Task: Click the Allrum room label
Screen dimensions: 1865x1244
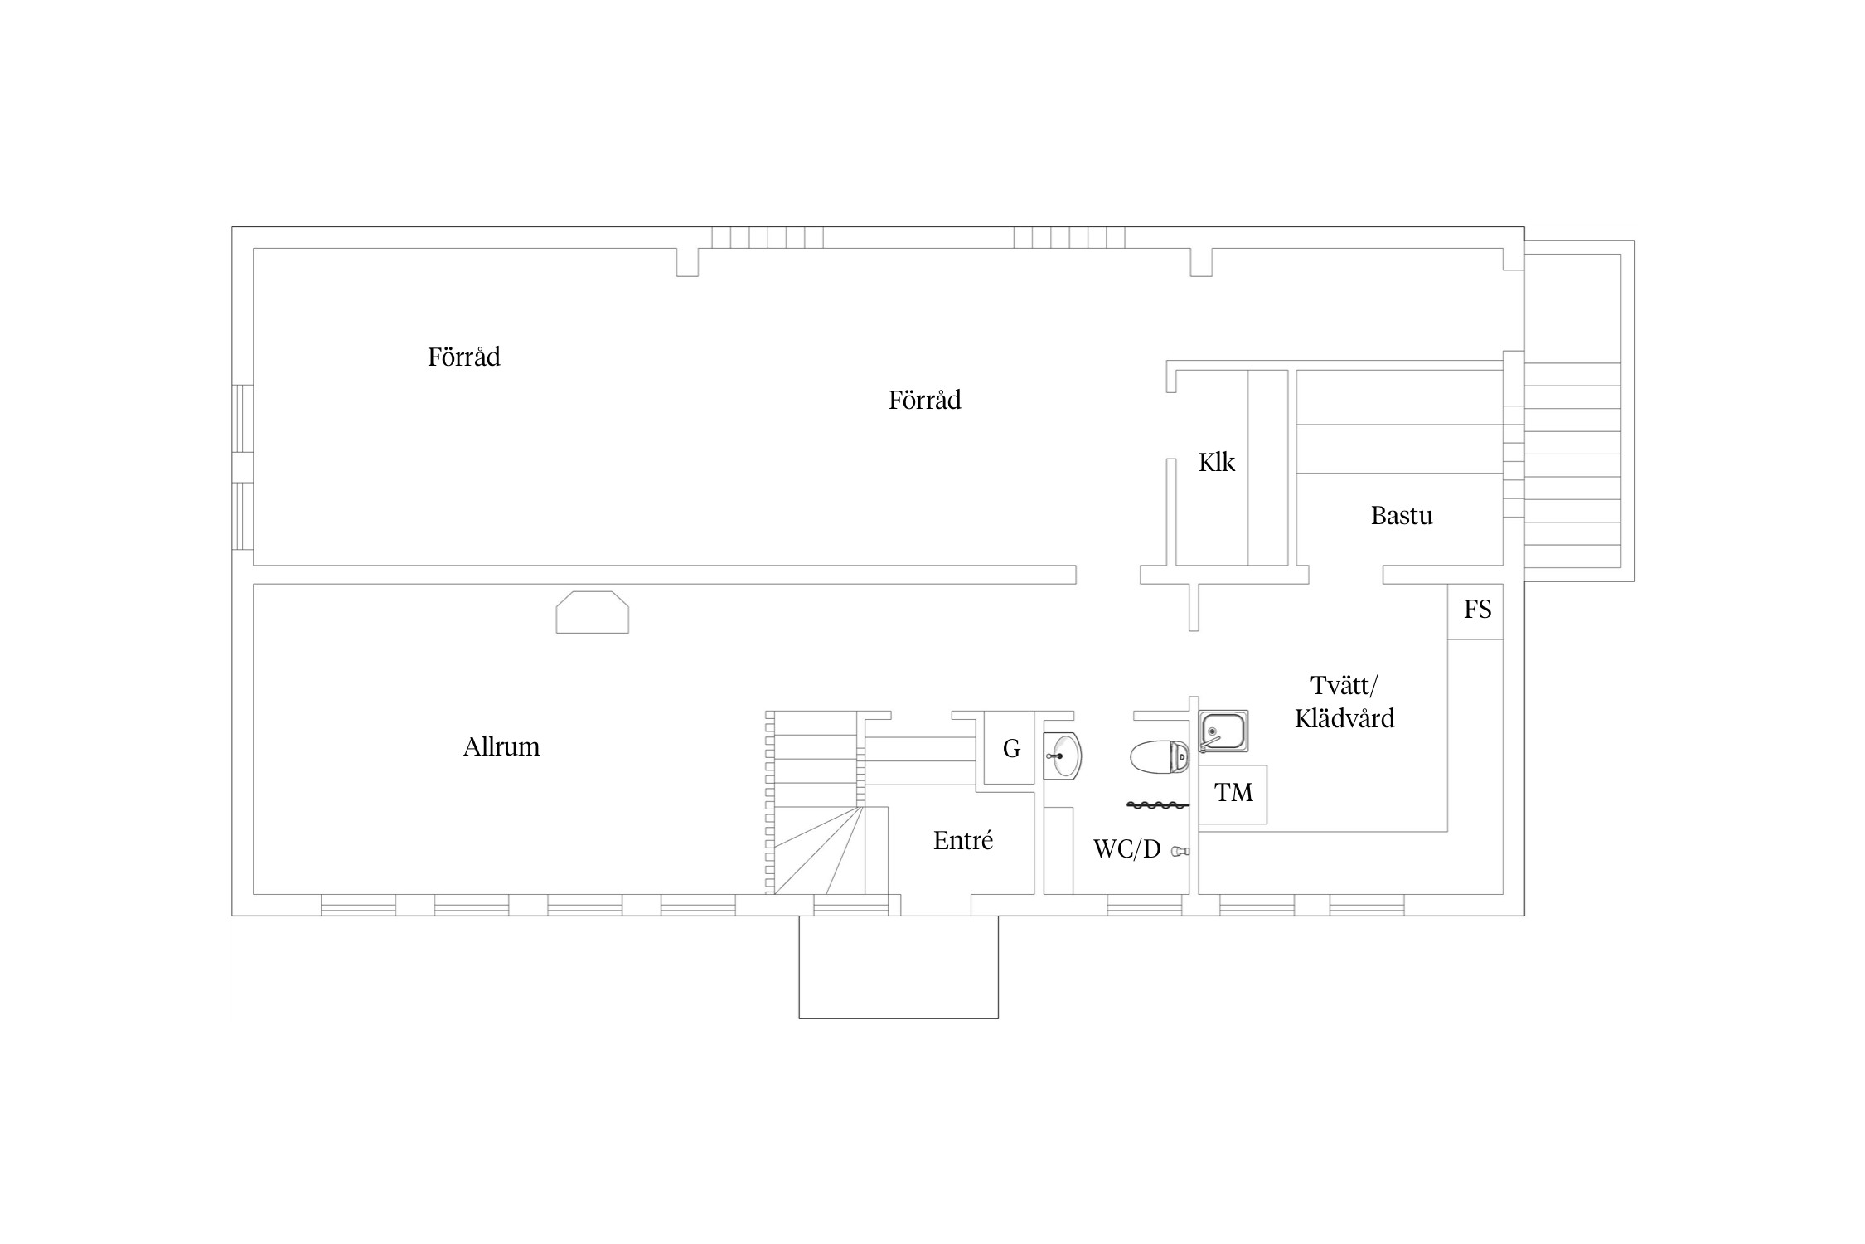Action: click(501, 747)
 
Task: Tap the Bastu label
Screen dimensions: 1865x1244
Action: click(1402, 516)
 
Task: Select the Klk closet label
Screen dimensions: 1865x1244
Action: click(1217, 462)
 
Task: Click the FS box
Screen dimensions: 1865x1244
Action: click(1475, 611)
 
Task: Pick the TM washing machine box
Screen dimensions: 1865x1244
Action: click(1233, 794)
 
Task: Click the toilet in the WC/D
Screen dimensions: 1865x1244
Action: click(1160, 757)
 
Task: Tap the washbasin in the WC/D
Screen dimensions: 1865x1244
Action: click(1063, 756)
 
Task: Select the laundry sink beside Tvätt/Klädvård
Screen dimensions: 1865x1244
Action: click(1223, 731)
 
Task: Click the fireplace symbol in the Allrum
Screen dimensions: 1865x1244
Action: click(592, 612)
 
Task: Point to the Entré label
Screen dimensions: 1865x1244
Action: click(962, 841)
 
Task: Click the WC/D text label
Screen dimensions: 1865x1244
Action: click(1126, 849)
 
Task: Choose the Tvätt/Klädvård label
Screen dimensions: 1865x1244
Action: click(1344, 702)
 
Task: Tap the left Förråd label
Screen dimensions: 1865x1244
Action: click(463, 357)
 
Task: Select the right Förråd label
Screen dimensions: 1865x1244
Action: click(924, 401)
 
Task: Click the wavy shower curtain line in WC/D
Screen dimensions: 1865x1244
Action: click(1158, 804)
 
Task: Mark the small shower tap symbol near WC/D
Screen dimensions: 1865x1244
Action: click(1180, 851)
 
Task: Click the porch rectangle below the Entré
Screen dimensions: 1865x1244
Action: click(899, 967)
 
